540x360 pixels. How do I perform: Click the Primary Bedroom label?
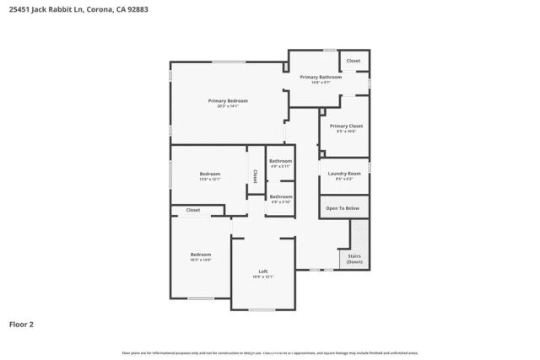[228, 100]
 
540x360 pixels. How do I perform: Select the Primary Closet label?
[346, 126]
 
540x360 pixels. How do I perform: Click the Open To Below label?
[343, 207]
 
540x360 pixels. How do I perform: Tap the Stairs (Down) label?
[354, 259]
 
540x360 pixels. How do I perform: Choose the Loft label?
[262, 271]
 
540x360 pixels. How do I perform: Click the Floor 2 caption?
[22, 324]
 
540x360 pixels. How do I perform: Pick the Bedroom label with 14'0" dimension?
[200, 254]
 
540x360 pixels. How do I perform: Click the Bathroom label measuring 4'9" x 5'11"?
[281, 161]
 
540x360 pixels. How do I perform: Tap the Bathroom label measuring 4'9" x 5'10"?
[281, 196]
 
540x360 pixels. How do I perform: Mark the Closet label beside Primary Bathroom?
[354, 61]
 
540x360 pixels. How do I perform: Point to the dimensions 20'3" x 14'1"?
[228, 106]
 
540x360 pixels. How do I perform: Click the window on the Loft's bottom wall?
[262, 309]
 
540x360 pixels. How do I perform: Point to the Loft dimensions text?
[262, 277]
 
